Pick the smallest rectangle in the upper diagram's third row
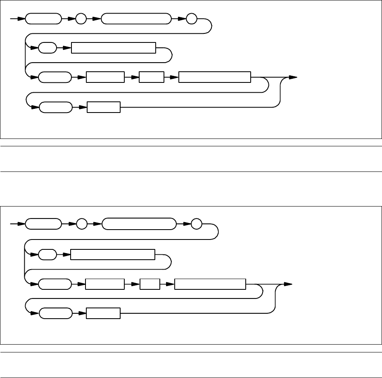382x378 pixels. click(x=152, y=77)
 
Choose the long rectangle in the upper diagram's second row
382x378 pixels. click(x=114, y=48)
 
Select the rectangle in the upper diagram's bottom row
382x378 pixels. click(x=103, y=107)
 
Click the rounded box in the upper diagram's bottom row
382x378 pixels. click(x=55, y=107)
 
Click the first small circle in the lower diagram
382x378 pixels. click(x=82, y=225)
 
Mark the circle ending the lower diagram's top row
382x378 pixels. click(x=196, y=225)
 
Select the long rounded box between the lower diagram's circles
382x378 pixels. click(x=138, y=225)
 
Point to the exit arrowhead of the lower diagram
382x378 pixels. click(x=288, y=284)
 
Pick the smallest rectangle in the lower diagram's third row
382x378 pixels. click(x=150, y=284)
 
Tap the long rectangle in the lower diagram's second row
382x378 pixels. click(x=113, y=255)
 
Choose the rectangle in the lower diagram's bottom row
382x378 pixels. click(x=103, y=314)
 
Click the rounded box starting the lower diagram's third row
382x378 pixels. click(x=55, y=284)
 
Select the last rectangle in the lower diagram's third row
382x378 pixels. click(x=210, y=284)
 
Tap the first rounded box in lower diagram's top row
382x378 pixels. click(x=43, y=225)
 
